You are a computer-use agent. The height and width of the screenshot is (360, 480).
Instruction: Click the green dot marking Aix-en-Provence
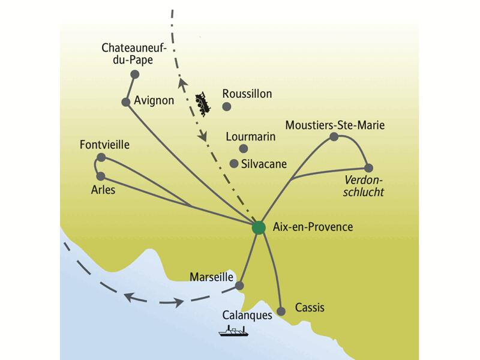coord(259,227)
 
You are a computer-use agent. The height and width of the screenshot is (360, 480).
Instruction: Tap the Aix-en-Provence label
coord(312,227)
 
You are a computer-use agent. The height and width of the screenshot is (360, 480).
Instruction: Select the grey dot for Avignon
coord(126,103)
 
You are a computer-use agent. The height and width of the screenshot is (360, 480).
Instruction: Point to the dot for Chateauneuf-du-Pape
coord(134,74)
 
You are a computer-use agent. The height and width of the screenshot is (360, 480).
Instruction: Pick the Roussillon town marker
coord(227,107)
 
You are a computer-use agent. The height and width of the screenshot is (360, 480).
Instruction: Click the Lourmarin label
coord(251,136)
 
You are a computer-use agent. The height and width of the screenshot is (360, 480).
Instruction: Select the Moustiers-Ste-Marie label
coord(335,125)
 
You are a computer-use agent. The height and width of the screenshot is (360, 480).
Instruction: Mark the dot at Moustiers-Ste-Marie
coord(334,137)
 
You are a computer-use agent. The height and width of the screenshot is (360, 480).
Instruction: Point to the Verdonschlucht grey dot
coord(368,168)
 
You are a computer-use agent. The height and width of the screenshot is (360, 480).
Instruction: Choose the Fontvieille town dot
coord(101,157)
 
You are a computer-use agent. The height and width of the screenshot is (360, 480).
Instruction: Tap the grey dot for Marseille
coord(240,286)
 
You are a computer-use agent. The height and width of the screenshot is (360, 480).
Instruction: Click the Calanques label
coord(247,314)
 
